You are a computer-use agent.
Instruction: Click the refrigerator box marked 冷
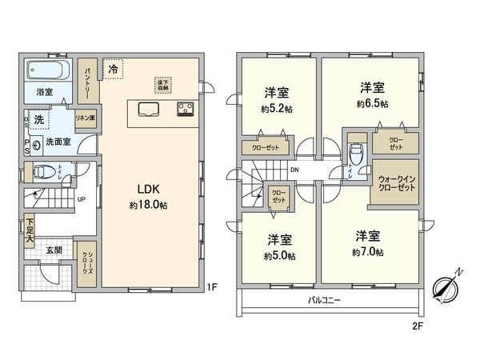point(114,70)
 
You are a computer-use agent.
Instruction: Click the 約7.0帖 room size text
point(369,252)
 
